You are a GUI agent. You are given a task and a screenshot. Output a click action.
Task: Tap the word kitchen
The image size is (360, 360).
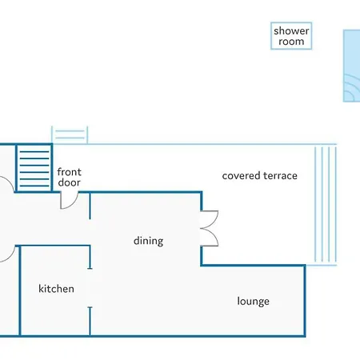coord(56,289)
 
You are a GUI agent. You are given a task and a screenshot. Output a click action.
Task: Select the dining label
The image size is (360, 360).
coord(148,241)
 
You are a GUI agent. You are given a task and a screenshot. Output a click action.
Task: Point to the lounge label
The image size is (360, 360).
coord(253,302)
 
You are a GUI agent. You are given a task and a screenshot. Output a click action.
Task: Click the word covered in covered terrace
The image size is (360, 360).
coord(241,176)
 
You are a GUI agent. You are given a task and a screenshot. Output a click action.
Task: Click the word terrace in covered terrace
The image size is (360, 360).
coord(280,176)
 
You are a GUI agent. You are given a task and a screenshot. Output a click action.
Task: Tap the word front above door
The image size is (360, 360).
coord(69,172)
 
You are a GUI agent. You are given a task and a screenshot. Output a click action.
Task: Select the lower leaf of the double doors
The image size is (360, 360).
coord(216,238)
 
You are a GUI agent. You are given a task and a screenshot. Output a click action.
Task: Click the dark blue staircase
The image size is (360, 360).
coord(34,168)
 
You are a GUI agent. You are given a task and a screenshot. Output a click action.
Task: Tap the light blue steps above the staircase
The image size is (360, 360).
coord(70,135)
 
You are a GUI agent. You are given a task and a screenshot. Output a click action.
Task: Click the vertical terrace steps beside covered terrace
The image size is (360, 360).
coord(326,204)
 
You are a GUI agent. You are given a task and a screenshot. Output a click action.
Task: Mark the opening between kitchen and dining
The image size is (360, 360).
coord(90,288)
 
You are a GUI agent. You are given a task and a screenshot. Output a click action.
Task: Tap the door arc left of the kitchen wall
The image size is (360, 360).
coord(10,257)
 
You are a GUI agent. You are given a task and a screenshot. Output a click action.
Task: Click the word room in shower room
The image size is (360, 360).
coord(291,42)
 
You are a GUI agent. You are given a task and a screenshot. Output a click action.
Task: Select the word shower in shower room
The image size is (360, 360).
coord(291,31)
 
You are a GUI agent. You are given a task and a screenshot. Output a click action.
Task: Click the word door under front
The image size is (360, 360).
coord(69,182)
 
